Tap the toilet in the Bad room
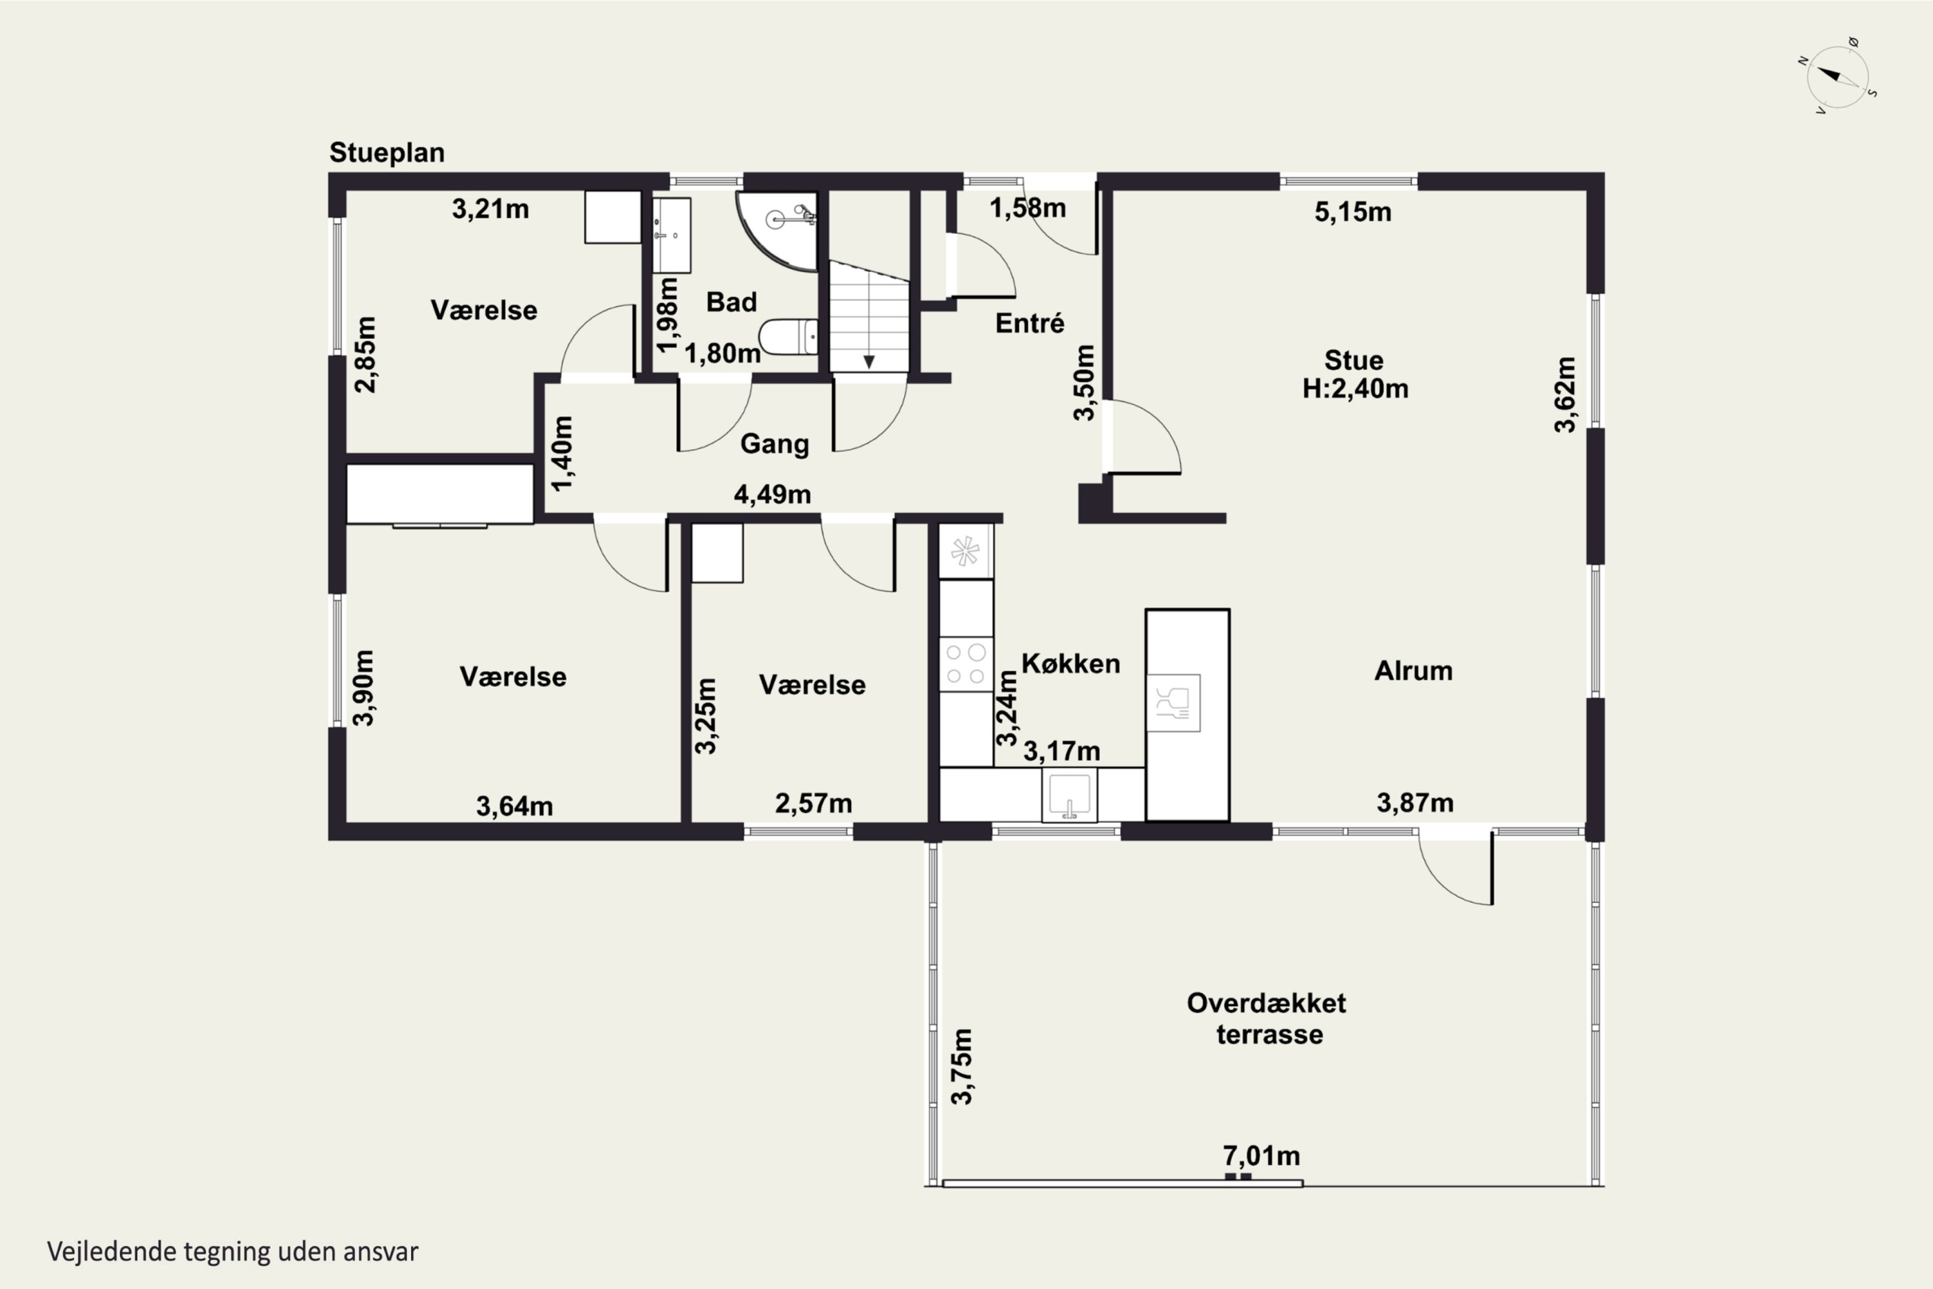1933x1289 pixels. tap(788, 337)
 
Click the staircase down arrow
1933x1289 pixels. tap(869, 362)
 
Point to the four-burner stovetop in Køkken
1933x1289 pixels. tap(966, 664)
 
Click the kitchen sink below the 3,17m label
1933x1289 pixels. tap(1069, 795)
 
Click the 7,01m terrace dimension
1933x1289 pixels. tap(1262, 1156)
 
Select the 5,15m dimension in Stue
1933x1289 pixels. tap(1352, 212)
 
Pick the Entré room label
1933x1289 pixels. tap(1030, 323)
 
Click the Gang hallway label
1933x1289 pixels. tap(774, 444)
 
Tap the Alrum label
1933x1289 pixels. tap(1414, 671)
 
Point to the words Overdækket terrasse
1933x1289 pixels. tap(1267, 1018)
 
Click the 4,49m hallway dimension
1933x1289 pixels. tap(773, 494)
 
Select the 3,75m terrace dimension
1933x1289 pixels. tap(961, 1066)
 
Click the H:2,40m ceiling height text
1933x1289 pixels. tap(1355, 388)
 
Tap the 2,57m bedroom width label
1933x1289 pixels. tap(814, 803)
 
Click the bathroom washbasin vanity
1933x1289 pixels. tap(671, 235)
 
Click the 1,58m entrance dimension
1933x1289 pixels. tap(1027, 208)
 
